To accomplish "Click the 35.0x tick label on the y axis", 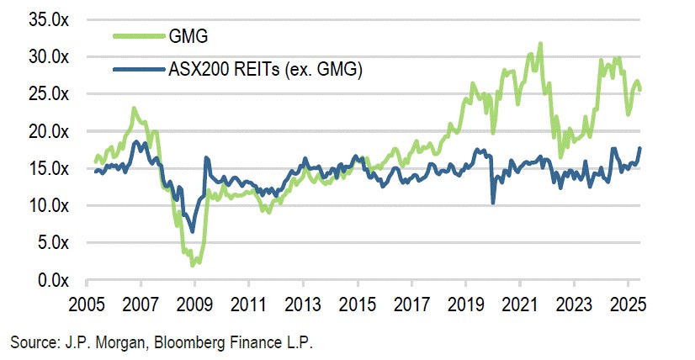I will click(48, 19).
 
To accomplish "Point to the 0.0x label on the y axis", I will click(52, 280).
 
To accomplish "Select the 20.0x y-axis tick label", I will click(48, 131).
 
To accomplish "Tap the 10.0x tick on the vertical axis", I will click(48, 205).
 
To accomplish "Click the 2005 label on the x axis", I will click(87, 303).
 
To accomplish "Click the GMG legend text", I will click(187, 36).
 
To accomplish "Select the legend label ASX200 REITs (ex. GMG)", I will click(264, 71).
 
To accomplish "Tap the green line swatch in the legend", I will click(137, 36).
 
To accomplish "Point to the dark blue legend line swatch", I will click(137, 71).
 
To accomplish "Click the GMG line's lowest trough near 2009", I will click(193, 265).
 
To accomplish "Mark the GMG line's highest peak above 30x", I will click(540, 43).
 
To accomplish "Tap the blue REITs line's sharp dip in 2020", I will click(493, 203).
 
